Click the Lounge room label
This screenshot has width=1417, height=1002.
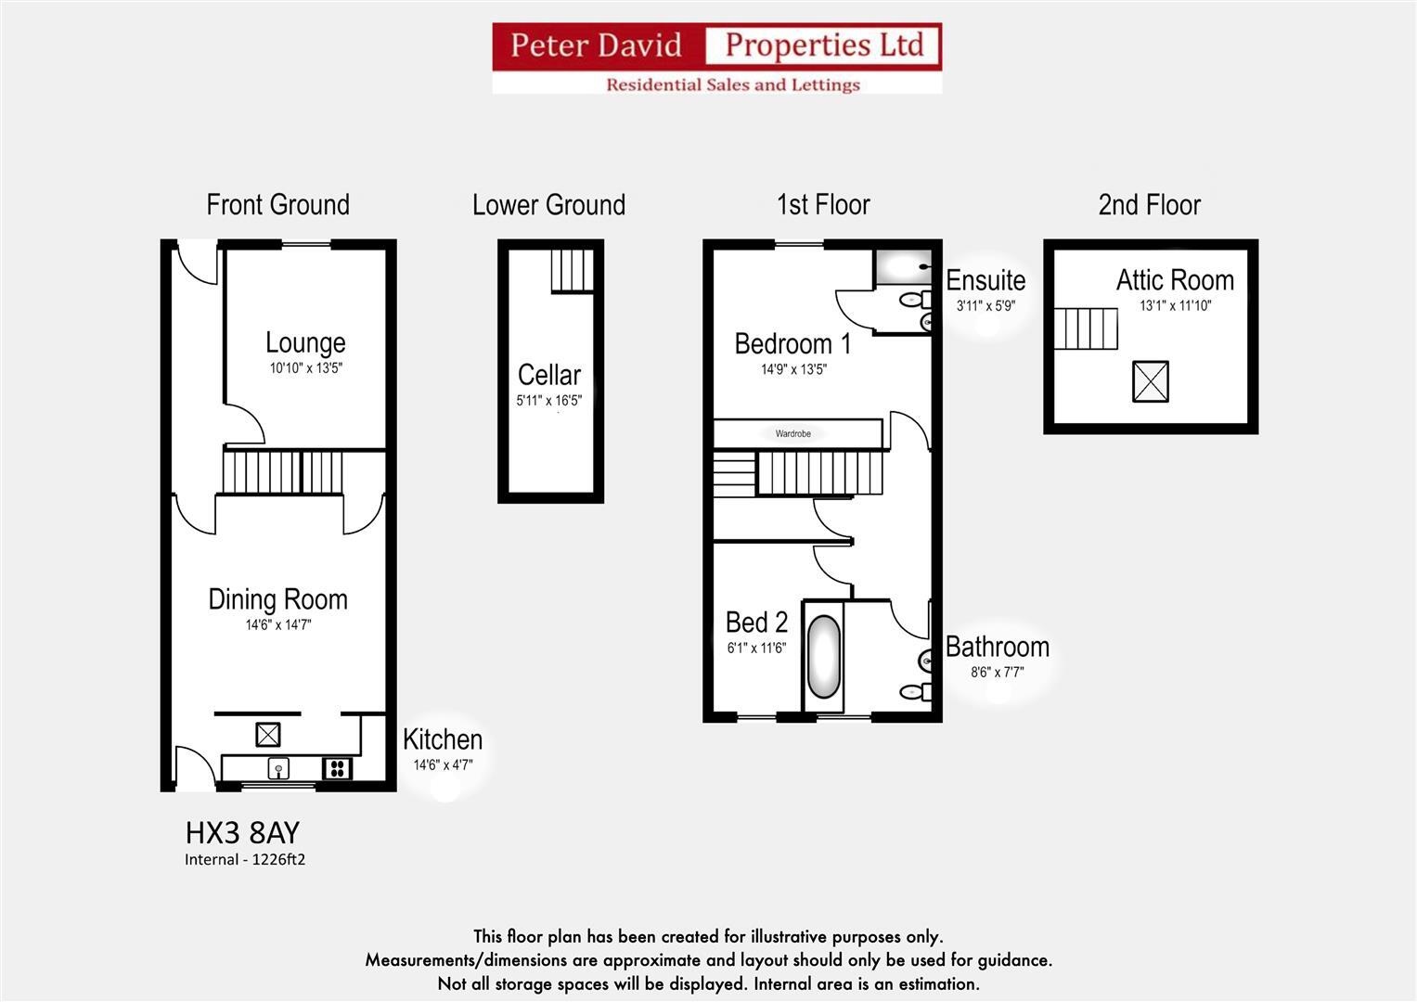[305, 342]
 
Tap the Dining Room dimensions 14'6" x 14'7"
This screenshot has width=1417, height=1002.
[277, 625]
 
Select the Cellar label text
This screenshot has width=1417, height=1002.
[548, 375]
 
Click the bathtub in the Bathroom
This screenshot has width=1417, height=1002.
[823, 657]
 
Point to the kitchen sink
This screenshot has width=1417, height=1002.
[277, 768]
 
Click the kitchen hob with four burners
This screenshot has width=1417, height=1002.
[337, 768]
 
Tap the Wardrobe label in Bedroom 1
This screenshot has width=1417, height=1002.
[792, 433]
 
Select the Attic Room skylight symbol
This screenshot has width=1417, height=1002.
[1150, 381]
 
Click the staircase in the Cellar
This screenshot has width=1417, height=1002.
[572, 270]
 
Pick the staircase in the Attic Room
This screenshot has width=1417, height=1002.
[1085, 328]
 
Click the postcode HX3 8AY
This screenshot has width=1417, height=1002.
[242, 832]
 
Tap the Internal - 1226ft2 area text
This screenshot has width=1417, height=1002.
[245, 860]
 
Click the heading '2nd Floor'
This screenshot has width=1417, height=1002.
[1149, 205]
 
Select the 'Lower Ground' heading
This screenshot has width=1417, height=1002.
[548, 205]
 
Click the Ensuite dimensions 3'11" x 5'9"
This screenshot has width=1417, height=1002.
[985, 305]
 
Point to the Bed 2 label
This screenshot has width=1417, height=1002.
[756, 622]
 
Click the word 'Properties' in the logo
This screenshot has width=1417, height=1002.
[823, 45]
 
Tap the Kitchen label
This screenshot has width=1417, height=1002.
[443, 739]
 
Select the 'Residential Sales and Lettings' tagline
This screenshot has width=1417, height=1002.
[732, 84]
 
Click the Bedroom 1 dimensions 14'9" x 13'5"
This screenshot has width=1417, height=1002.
[793, 369]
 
